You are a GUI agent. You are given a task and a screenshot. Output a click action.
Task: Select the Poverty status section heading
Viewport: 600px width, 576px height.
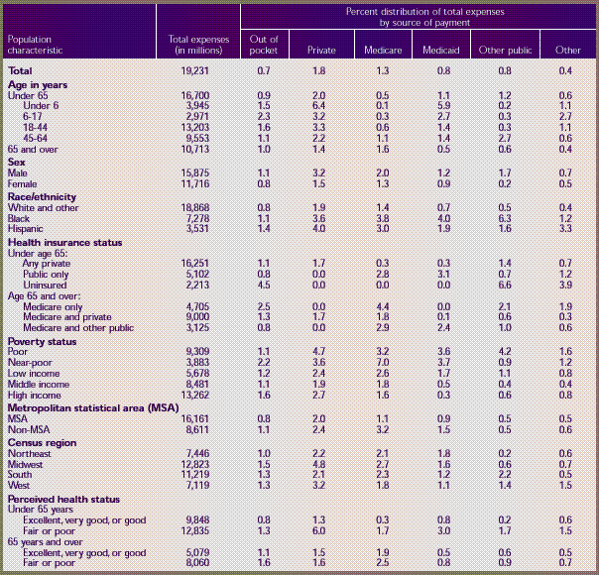pyautogui.click(x=44, y=341)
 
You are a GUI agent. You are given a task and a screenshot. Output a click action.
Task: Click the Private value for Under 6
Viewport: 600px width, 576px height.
pyautogui.click(x=318, y=104)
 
